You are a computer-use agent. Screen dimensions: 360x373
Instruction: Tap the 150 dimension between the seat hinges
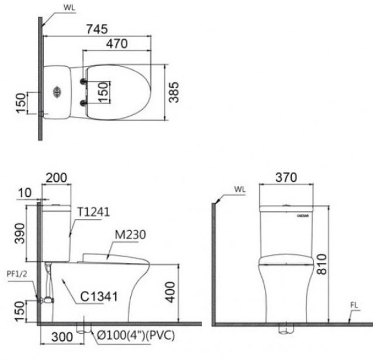pos(102,92)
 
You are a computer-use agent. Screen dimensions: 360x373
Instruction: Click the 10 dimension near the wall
pos(23,193)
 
